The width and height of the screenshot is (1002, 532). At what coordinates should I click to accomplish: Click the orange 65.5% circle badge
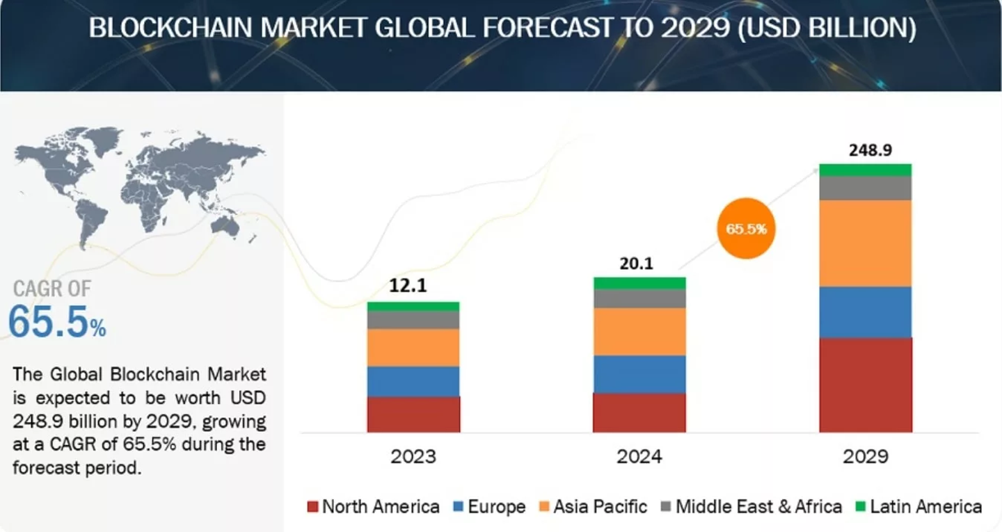click(x=746, y=228)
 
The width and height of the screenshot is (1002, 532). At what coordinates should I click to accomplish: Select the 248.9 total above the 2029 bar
click(x=866, y=150)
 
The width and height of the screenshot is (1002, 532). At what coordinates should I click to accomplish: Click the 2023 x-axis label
click(x=413, y=457)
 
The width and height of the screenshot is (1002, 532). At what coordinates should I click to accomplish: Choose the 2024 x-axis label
click(x=639, y=457)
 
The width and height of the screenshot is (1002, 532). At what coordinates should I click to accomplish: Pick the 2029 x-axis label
click(x=866, y=457)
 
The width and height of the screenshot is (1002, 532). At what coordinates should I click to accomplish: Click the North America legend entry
click(x=373, y=506)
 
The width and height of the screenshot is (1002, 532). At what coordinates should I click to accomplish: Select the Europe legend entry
click(x=488, y=506)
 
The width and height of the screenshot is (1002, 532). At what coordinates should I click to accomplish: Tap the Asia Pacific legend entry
click(x=593, y=506)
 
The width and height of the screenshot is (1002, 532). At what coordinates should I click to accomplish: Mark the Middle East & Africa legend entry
click(x=750, y=506)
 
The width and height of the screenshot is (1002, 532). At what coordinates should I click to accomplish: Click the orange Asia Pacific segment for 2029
click(x=866, y=243)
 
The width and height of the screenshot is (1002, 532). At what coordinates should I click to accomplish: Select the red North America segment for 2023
click(x=413, y=414)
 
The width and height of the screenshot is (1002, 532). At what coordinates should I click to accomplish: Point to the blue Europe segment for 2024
click(x=639, y=374)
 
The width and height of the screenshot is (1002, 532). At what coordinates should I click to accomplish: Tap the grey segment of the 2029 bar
click(x=866, y=188)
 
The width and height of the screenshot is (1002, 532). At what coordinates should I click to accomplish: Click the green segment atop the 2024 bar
click(x=639, y=283)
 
